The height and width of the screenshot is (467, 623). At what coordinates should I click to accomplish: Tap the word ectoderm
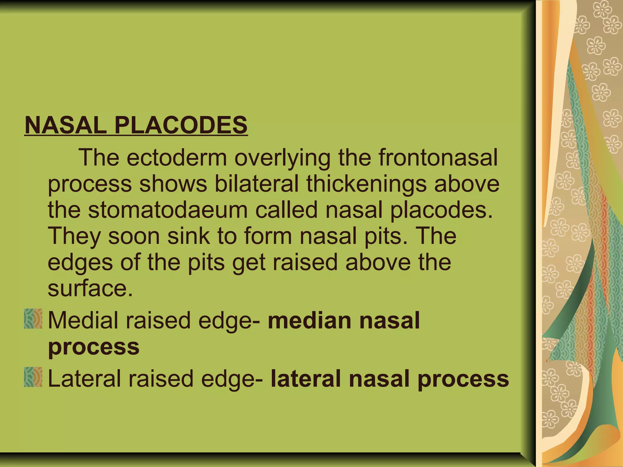[177, 158]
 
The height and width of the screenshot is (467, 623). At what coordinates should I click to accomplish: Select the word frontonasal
[438, 158]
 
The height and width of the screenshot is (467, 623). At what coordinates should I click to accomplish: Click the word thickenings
[366, 184]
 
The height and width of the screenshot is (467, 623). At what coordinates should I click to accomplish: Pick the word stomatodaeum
[168, 210]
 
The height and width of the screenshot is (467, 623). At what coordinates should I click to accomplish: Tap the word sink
[189, 236]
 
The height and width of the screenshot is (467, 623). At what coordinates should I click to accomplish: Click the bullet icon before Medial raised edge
[33, 319]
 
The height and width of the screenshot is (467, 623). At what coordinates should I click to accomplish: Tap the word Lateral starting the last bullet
[85, 379]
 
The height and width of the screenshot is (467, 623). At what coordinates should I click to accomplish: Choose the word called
[286, 210]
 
